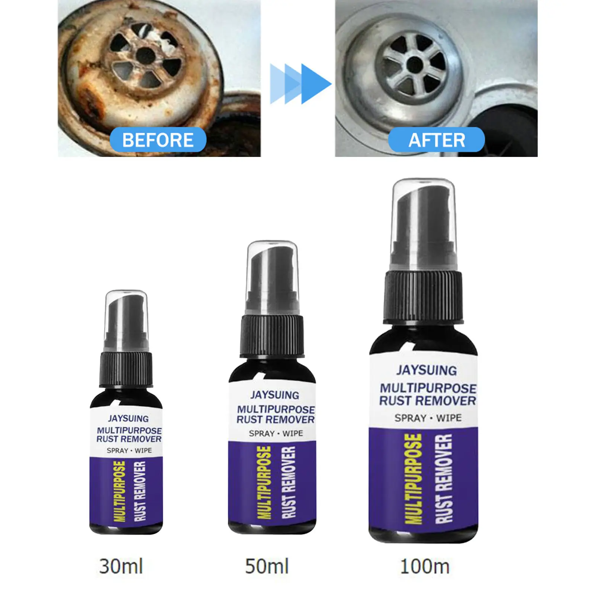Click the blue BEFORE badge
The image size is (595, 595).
pyautogui.click(x=158, y=140)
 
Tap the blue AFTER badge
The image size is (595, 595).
pyautogui.click(x=437, y=140)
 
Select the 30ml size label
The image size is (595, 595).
pyautogui.click(x=121, y=566)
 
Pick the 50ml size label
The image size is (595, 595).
pyautogui.click(x=267, y=566)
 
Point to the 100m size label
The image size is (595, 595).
pyautogui.click(x=425, y=566)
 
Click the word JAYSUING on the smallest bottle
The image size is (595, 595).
pyautogui.click(x=128, y=419)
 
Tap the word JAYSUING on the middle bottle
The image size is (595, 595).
pyautogui.click(x=275, y=395)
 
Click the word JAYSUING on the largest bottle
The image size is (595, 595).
pyautogui.click(x=427, y=370)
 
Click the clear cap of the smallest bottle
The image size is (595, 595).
pyautogui.click(x=126, y=320)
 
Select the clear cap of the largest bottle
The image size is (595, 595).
pyautogui.click(x=424, y=223)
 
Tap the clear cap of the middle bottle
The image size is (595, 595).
pyautogui.click(x=273, y=275)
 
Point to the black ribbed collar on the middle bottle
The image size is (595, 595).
pyautogui.click(x=273, y=335)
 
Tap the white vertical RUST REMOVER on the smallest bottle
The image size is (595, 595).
pyautogui.click(x=140, y=491)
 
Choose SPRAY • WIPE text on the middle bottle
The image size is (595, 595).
pyautogui.click(x=276, y=434)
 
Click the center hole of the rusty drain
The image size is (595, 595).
pyautogui.click(x=145, y=56)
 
